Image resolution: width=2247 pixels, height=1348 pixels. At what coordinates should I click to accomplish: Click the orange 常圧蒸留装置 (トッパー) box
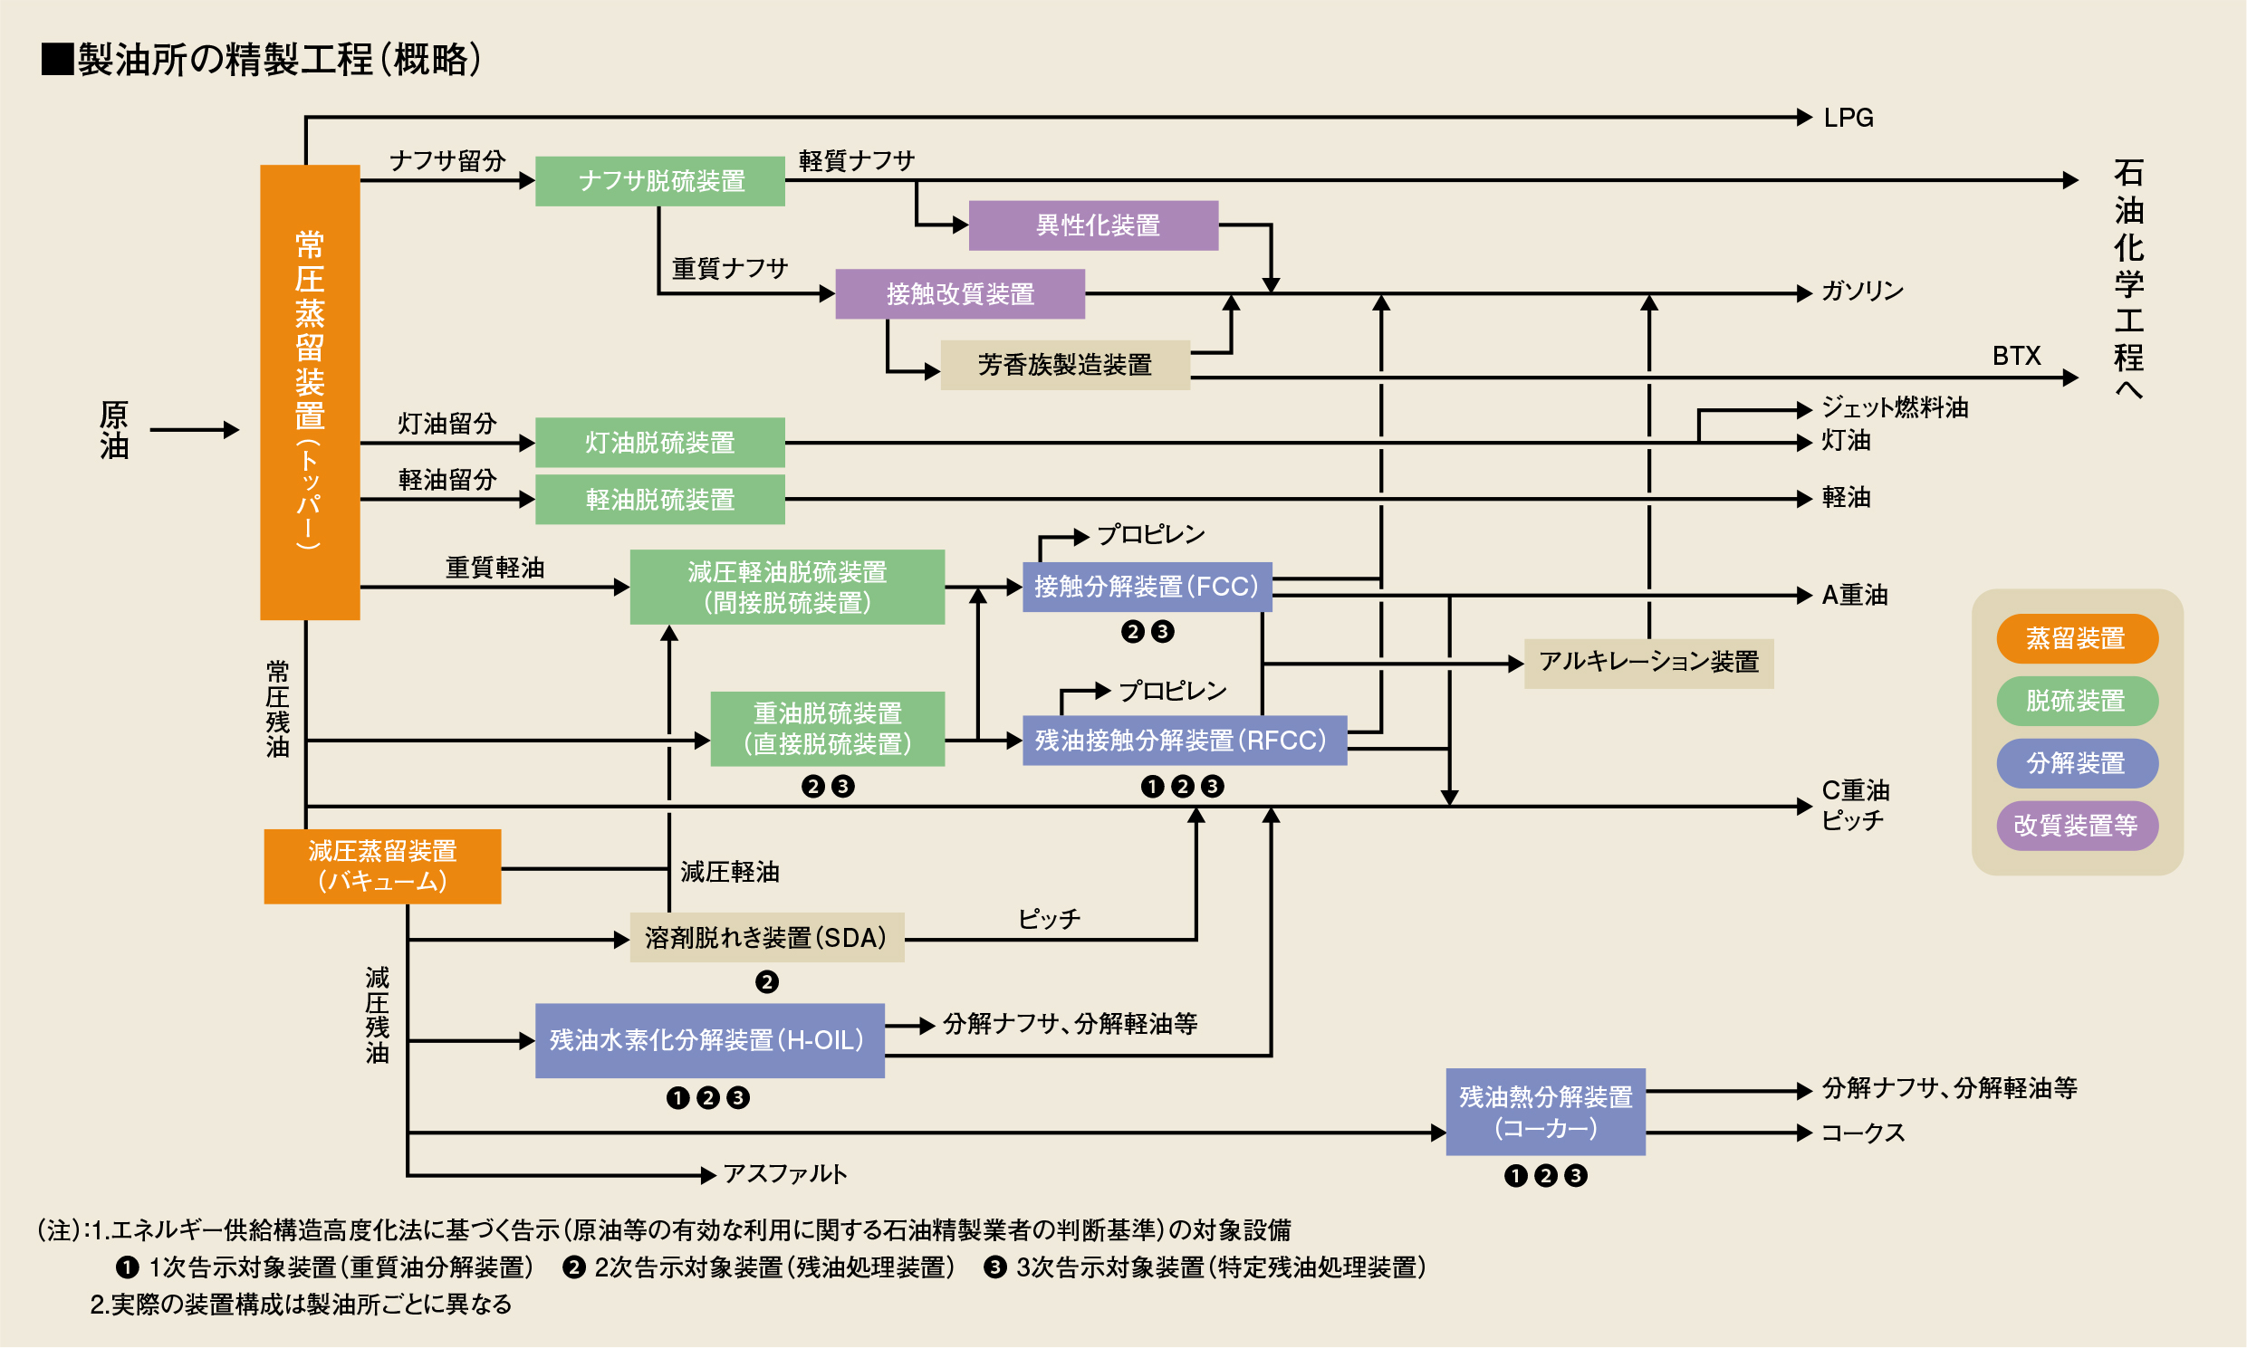tap(310, 391)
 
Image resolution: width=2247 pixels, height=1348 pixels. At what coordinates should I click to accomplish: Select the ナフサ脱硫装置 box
tap(659, 181)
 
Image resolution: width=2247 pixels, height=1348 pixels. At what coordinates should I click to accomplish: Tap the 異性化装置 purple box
tap(1093, 225)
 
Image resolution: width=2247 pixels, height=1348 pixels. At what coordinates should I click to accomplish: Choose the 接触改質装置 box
tap(959, 293)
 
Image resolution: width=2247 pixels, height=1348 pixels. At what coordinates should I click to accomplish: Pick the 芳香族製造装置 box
tap(1064, 365)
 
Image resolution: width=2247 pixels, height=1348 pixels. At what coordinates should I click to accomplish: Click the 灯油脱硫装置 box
tap(659, 443)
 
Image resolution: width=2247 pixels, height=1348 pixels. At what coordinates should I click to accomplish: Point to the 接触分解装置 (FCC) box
tap(1147, 587)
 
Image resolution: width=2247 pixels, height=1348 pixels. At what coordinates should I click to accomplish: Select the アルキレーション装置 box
tap(1648, 662)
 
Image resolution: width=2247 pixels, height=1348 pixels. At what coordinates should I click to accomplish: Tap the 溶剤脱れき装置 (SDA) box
tap(766, 937)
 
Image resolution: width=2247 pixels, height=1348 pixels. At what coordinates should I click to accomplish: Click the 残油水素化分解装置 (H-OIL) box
tap(709, 1040)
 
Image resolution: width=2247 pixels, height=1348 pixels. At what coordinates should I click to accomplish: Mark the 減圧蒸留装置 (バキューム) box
tap(381, 865)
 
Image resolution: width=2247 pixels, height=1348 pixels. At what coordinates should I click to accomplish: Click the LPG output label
tap(1848, 118)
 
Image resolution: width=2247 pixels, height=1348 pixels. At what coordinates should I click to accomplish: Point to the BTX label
tap(2016, 356)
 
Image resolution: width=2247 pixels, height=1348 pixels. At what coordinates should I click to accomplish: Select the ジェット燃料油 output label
tap(1895, 407)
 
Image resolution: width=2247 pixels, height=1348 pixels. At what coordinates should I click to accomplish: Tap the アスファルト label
tap(785, 1173)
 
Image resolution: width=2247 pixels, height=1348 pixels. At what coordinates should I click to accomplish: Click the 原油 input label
tap(114, 430)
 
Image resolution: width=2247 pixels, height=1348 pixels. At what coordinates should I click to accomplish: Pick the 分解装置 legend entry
tap(2076, 763)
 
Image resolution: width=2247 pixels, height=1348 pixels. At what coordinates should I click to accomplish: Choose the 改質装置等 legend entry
tap(2076, 826)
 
